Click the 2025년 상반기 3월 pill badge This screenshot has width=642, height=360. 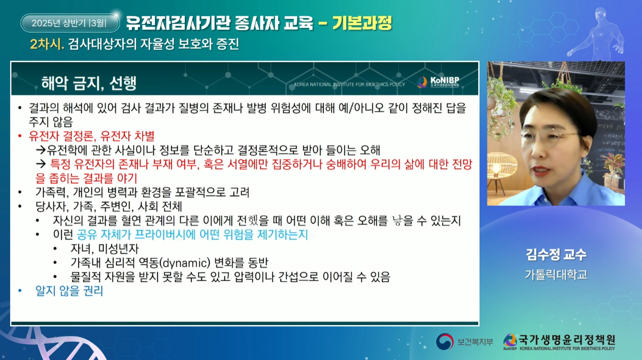tap(70, 23)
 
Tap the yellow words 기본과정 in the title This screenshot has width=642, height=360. tap(362, 23)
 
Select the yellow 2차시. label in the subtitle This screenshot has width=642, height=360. tap(47, 44)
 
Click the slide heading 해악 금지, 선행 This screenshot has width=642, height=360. tap(89, 83)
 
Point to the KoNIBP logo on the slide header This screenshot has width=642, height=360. tap(438, 82)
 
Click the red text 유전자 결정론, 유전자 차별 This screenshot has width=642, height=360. tap(92, 136)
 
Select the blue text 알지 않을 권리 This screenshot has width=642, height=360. tap(69, 291)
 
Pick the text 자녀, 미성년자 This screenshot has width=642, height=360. tap(105, 248)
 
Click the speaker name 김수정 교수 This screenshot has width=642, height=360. tap(556, 254)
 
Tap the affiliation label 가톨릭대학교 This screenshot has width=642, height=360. tap(556, 275)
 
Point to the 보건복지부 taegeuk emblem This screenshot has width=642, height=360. tap(444, 341)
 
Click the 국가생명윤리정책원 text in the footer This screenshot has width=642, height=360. tap(567, 340)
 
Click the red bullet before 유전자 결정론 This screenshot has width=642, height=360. tap(20, 136)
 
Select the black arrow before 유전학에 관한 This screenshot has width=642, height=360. tap(41, 150)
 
